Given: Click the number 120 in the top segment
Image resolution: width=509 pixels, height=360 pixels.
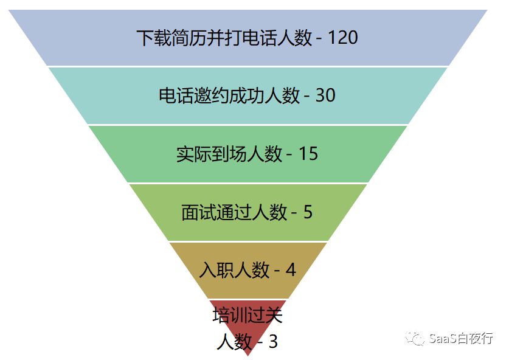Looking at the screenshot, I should pyautogui.click(x=342, y=38).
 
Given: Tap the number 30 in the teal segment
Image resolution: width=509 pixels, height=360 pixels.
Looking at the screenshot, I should pyautogui.click(x=325, y=95).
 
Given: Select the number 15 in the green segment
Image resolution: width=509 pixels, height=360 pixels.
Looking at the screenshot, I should pyautogui.click(x=308, y=154).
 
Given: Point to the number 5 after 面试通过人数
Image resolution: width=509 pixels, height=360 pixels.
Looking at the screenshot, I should pyautogui.click(x=307, y=212).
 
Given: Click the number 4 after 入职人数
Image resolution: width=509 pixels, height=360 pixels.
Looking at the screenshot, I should pyautogui.click(x=290, y=270).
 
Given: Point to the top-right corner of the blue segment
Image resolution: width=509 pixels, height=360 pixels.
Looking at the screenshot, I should pyautogui.click(x=487, y=10).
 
